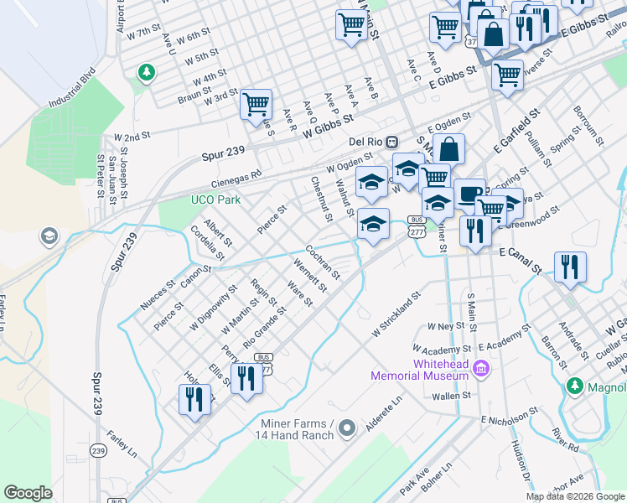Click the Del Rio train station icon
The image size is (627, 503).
pyautogui.click(x=392, y=141)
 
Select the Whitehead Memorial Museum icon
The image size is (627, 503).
pyautogui.click(x=481, y=368)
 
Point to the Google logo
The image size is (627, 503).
pyautogui.click(x=28, y=493)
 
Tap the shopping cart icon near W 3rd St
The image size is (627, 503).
pyautogui.click(x=256, y=106)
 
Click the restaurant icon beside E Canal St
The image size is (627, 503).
pyautogui.click(x=570, y=267)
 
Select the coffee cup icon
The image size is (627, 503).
pyautogui.click(x=469, y=193)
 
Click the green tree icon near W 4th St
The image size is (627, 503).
pyautogui.click(x=147, y=73)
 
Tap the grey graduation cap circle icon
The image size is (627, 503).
pyautogui.click(x=49, y=236)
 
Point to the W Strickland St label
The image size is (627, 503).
pyautogui.click(x=396, y=317)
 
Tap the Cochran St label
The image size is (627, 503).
pyautogui.click(x=322, y=262)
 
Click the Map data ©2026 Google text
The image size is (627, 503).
pyautogui.click(x=574, y=496)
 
